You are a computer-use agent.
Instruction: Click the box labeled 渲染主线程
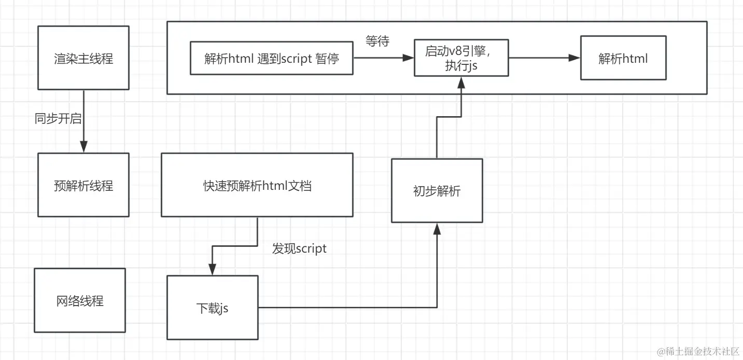pos(83,59)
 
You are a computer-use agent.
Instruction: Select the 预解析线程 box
pos(83,185)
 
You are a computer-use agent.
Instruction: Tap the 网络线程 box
pos(80,300)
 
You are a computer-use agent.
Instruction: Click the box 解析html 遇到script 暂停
pos(272,59)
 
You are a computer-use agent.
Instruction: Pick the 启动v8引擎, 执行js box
pos(461,58)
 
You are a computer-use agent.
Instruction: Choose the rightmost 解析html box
pos(623,58)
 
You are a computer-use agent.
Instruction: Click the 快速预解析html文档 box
pos(257,185)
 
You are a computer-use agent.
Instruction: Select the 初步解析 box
pos(437,191)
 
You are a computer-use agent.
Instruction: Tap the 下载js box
pos(213,308)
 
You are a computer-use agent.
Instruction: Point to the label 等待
pos(377,41)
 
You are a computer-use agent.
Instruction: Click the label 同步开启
pos(58,118)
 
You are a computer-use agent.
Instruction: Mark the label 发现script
pos(299,248)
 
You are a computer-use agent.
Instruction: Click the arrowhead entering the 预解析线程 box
pos(83,148)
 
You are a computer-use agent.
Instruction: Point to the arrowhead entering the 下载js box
pos(213,270)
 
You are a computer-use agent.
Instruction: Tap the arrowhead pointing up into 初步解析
pos(437,229)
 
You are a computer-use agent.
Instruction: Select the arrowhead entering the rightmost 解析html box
pos(574,58)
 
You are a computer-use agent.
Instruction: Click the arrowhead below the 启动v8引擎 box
pos(461,82)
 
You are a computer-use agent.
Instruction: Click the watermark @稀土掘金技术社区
pos(698,352)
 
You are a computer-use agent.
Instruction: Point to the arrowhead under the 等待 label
pos(409,59)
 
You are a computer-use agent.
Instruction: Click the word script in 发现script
pos(311,248)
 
